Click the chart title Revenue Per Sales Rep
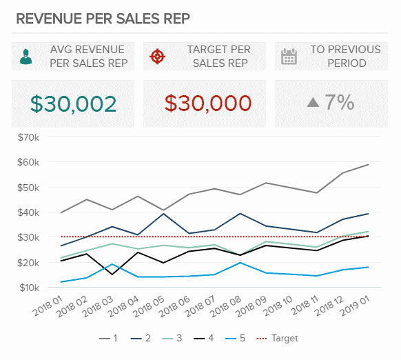click(104, 18)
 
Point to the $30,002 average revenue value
click(73, 103)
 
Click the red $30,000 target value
click(208, 103)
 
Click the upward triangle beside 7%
click(313, 103)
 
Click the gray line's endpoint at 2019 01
click(369, 164)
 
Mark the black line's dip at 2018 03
click(112, 274)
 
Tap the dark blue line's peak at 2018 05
click(163, 214)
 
